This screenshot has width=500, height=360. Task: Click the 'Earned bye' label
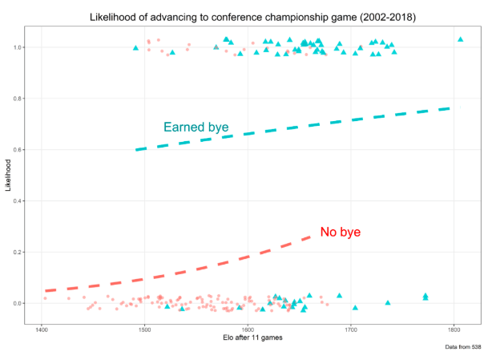pos(196,127)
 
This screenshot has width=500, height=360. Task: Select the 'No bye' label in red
pos(341,232)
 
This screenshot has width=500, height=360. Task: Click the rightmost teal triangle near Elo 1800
pos(460,39)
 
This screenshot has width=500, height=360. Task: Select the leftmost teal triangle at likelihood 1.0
pos(135,48)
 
